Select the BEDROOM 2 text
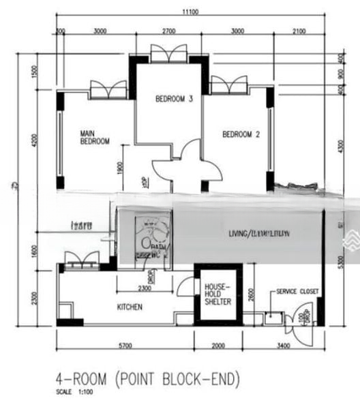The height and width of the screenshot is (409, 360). [241, 134]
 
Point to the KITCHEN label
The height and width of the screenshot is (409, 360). [130, 307]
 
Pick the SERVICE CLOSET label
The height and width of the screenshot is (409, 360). [297, 291]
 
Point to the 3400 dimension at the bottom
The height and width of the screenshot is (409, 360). [283, 346]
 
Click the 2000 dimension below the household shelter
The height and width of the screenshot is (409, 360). [217, 346]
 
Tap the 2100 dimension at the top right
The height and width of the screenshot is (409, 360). [298, 31]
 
